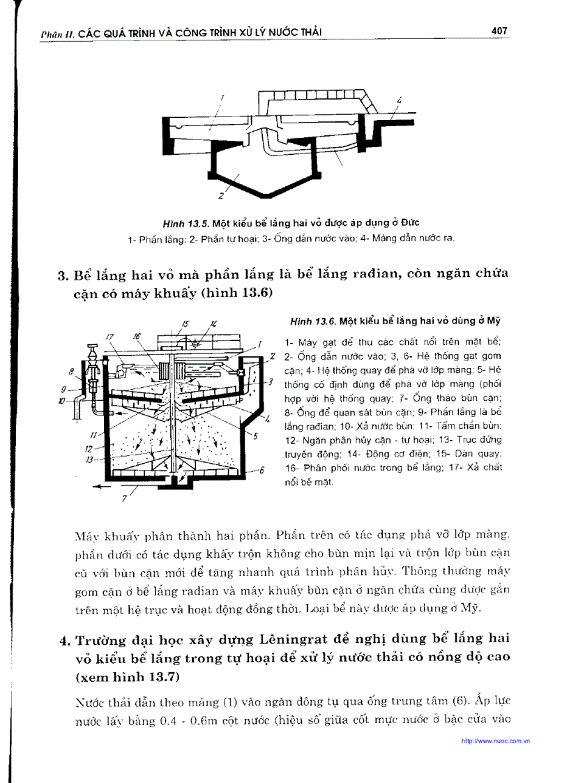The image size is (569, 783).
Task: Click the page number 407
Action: coord(499,31)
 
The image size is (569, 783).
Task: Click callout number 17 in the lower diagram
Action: coord(109,337)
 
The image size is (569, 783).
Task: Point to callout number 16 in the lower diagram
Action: coord(137,336)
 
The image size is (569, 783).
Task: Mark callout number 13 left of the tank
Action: coord(89,459)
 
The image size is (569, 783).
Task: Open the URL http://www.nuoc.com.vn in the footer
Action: coord(495,740)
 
